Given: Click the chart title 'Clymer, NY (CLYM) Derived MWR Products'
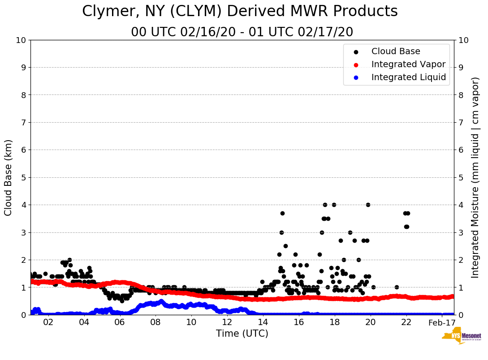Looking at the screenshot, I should [240, 11].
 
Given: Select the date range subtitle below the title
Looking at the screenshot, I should [242, 32].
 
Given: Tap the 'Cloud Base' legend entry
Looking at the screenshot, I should [395, 51].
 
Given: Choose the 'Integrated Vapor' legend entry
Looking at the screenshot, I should [408, 64].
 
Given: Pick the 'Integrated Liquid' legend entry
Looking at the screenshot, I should [408, 77].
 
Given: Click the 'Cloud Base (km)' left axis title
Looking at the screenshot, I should [9, 177].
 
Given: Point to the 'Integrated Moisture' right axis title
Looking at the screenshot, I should [475, 177].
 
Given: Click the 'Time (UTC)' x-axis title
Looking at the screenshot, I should [242, 334].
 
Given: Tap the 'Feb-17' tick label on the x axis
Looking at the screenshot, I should [442, 322].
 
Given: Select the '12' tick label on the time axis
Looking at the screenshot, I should [227, 322].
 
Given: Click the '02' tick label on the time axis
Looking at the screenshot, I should [48, 322].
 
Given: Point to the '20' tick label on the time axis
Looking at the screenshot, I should [371, 322].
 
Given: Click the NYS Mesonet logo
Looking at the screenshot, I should [461, 337].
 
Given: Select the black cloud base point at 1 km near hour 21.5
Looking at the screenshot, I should [397, 287].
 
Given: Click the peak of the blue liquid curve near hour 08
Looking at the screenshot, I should [161, 301].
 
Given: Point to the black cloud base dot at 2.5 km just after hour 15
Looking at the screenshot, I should [285, 246].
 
